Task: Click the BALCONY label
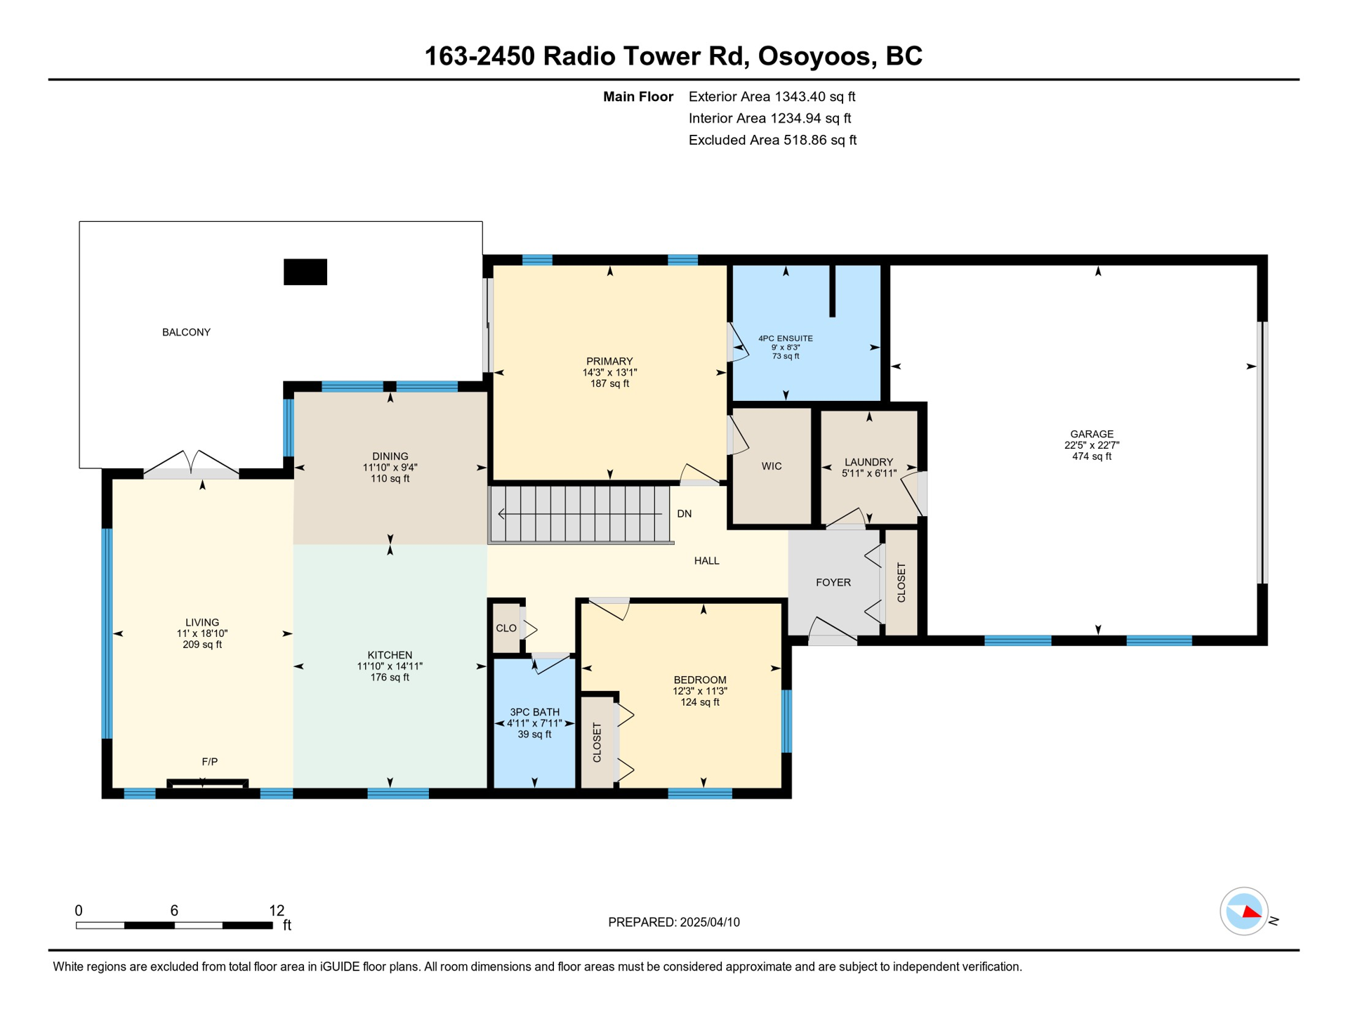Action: pos(186,332)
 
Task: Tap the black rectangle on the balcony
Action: pos(305,272)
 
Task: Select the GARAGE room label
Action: pos(1092,434)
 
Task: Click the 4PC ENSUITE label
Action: pos(786,338)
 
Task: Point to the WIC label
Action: pos(772,466)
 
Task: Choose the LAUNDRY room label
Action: pos(869,462)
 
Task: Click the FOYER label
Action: pos(833,582)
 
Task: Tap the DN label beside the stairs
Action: pos(685,514)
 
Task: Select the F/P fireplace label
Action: pos(209,762)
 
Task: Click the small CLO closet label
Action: pos(506,628)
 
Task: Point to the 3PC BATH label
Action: pos(535,712)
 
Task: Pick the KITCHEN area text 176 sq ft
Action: pos(390,678)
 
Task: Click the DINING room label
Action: pos(390,456)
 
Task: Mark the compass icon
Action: pos(1244,911)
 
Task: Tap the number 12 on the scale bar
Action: pos(277,911)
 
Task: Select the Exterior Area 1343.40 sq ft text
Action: pos(772,97)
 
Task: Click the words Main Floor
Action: pos(638,97)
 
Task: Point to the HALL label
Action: pos(706,560)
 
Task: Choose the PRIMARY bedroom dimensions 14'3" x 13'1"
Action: pos(609,373)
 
